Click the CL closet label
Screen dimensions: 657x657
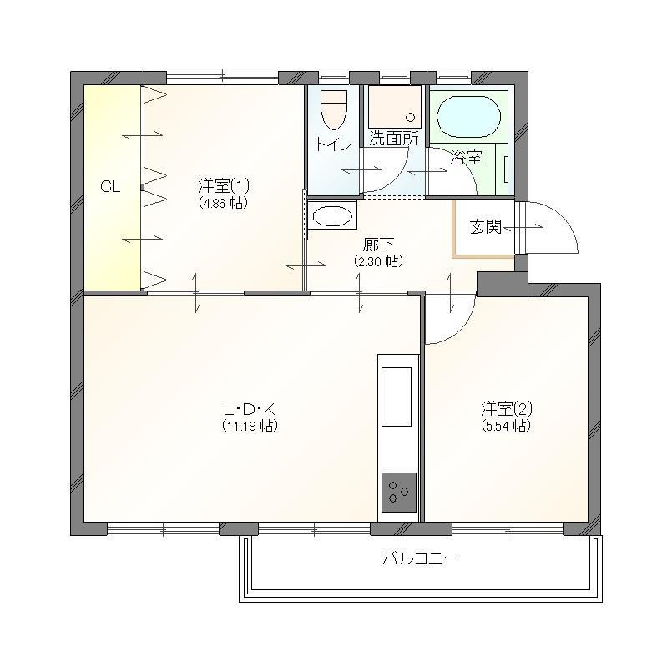[x=110, y=186]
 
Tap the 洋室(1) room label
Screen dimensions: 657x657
[x=224, y=184]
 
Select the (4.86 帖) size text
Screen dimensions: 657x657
[x=224, y=203]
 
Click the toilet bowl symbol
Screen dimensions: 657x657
[x=334, y=110]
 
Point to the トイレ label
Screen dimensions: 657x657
[x=333, y=144]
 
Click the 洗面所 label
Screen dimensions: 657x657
[x=394, y=139]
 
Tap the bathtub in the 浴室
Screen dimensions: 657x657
[x=468, y=117]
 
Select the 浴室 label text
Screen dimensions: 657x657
[x=467, y=158]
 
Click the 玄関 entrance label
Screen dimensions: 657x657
[x=486, y=227]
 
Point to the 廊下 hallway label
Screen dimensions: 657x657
[x=378, y=245]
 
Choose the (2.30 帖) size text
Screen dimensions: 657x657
[x=378, y=261]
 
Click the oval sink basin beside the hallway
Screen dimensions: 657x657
[x=332, y=216]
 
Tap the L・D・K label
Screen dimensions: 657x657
[x=250, y=408]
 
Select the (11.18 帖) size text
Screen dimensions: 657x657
[x=250, y=426]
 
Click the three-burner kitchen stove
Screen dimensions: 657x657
[x=399, y=493]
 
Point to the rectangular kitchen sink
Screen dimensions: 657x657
[x=397, y=397]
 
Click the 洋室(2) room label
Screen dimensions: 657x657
[x=507, y=407]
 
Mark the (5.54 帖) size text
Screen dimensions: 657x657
[x=507, y=426]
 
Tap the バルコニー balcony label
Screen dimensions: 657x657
[x=420, y=558]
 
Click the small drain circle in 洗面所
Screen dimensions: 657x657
[x=411, y=118]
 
